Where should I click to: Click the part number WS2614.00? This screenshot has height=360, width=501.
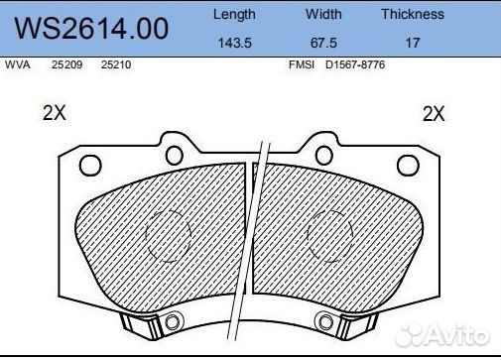tap(91, 29)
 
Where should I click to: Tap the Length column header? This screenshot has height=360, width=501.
tap(234, 15)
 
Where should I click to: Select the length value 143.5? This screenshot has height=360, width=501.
tap(235, 43)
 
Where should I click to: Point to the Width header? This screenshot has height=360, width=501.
tap(323, 14)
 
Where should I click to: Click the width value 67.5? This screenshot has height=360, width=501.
tap(323, 43)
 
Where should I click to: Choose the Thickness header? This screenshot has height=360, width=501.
tap(413, 14)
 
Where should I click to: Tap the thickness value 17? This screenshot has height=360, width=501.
tap(413, 43)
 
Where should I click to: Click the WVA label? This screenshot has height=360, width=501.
tap(18, 64)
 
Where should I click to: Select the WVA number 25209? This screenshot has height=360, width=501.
tap(66, 64)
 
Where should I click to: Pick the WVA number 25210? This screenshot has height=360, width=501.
tap(116, 64)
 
